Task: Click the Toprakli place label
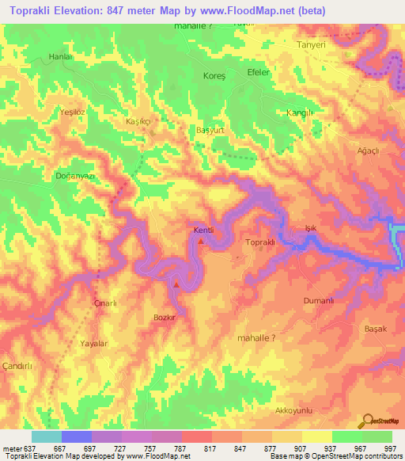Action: pos(260,242)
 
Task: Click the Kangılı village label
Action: pos(300,113)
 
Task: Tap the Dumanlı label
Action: pos(320,301)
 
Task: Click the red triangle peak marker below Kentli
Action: pos(201,241)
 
